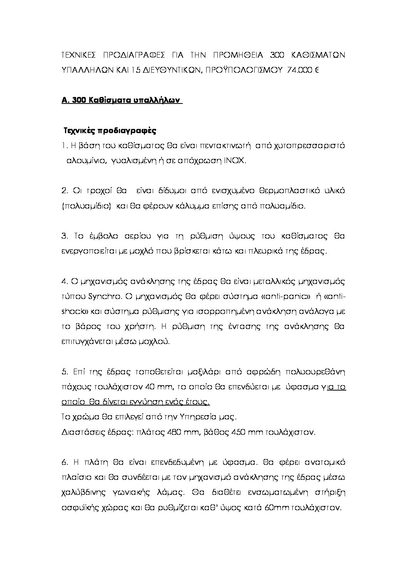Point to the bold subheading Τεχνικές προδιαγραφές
[110, 130]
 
